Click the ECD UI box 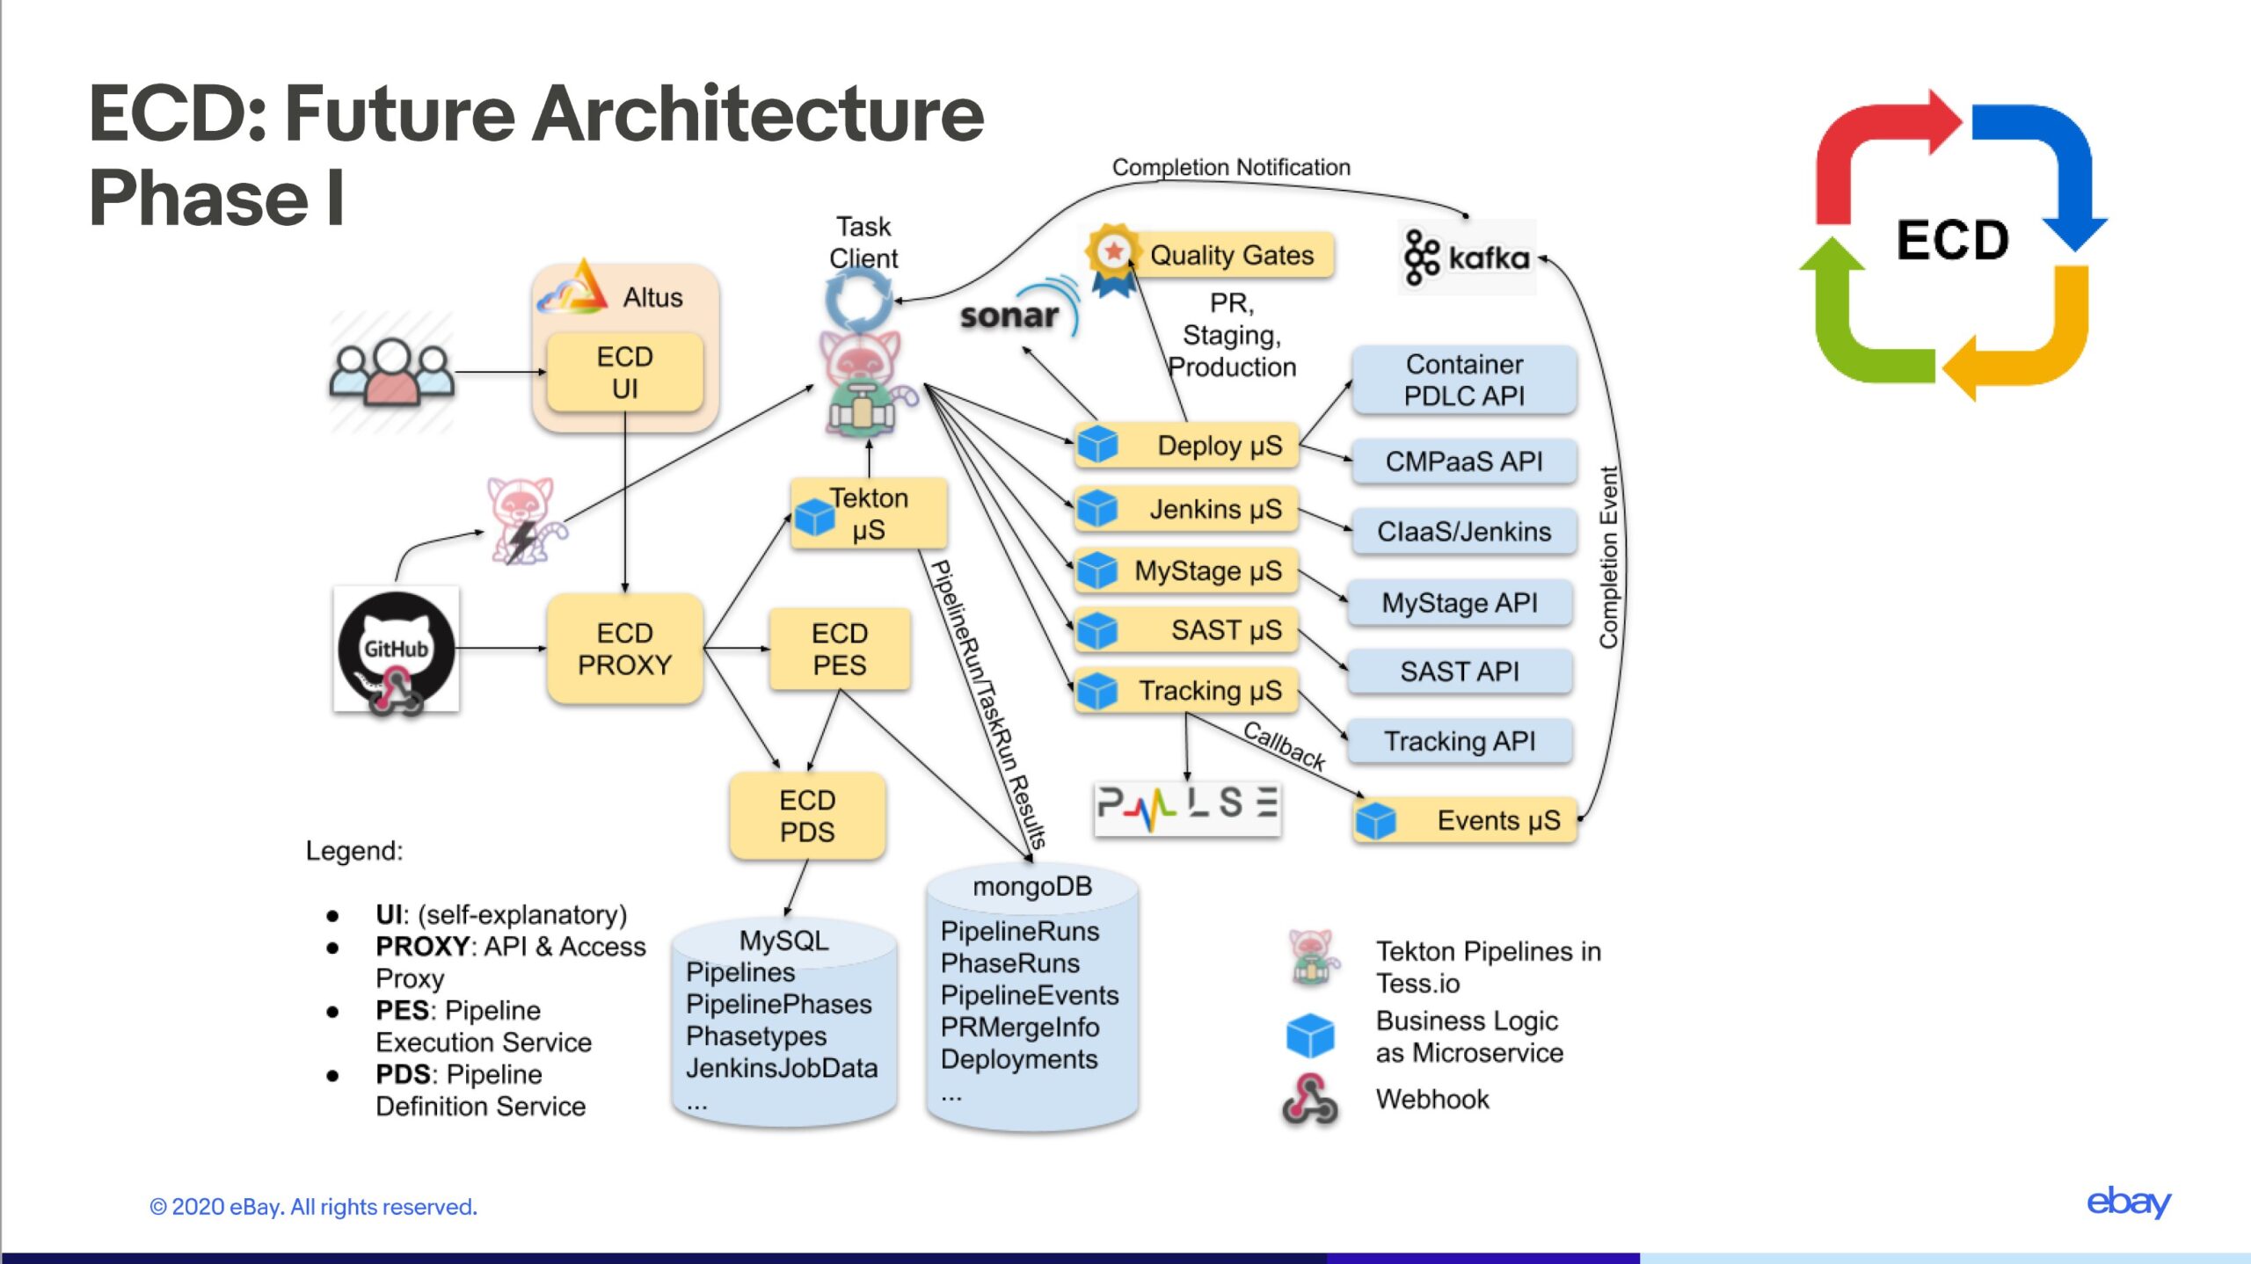click(624, 372)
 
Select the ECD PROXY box click(624, 649)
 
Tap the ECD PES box click(840, 649)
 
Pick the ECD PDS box click(807, 816)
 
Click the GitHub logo click(396, 649)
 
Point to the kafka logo click(1467, 257)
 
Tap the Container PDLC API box click(1464, 380)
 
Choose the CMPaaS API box click(1464, 461)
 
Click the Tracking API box click(1460, 741)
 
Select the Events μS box click(1465, 820)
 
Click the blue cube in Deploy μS click(1097, 444)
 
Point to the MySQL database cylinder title click(783, 941)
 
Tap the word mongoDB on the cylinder click(1032, 886)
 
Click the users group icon click(392, 372)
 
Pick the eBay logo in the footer click(2129, 1202)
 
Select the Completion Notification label click(1231, 167)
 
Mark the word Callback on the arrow click(1284, 746)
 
